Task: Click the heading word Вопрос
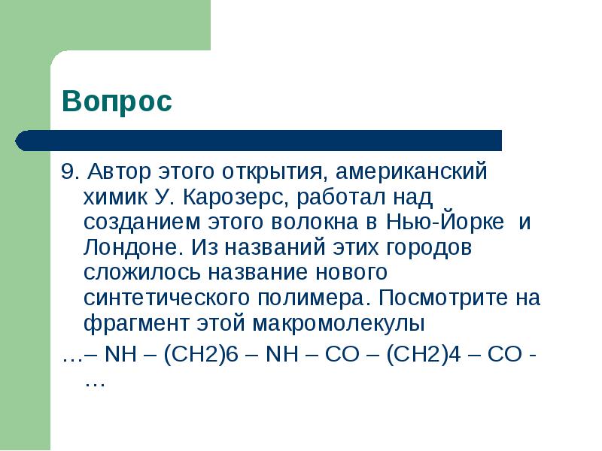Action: [117, 101]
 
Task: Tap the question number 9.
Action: [70, 171]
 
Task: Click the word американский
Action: [411, 172]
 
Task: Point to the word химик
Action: [115, 197]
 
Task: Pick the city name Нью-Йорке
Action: [445, 222]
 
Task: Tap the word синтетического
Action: [166, 298]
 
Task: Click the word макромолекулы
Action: [339, 324]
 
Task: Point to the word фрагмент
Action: [136, 323]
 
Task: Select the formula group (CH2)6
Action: [201, 354]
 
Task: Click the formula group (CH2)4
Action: [424, 354]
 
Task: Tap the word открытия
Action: [272, 172]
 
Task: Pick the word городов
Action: [428, 248]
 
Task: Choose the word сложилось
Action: [142, 273]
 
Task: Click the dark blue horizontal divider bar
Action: [258, 141]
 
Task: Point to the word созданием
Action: [142, 222]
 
